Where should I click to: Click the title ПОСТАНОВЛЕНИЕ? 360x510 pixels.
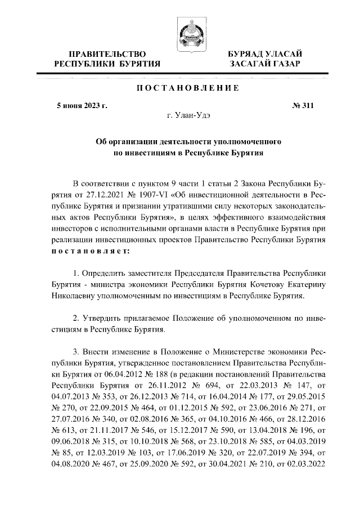[180, 88]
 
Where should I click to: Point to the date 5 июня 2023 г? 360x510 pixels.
[83, 105]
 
